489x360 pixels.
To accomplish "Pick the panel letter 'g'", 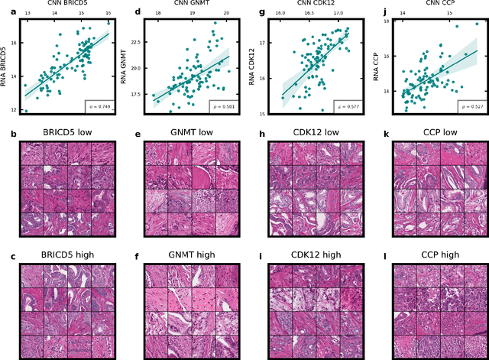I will (x=261, y=12).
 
